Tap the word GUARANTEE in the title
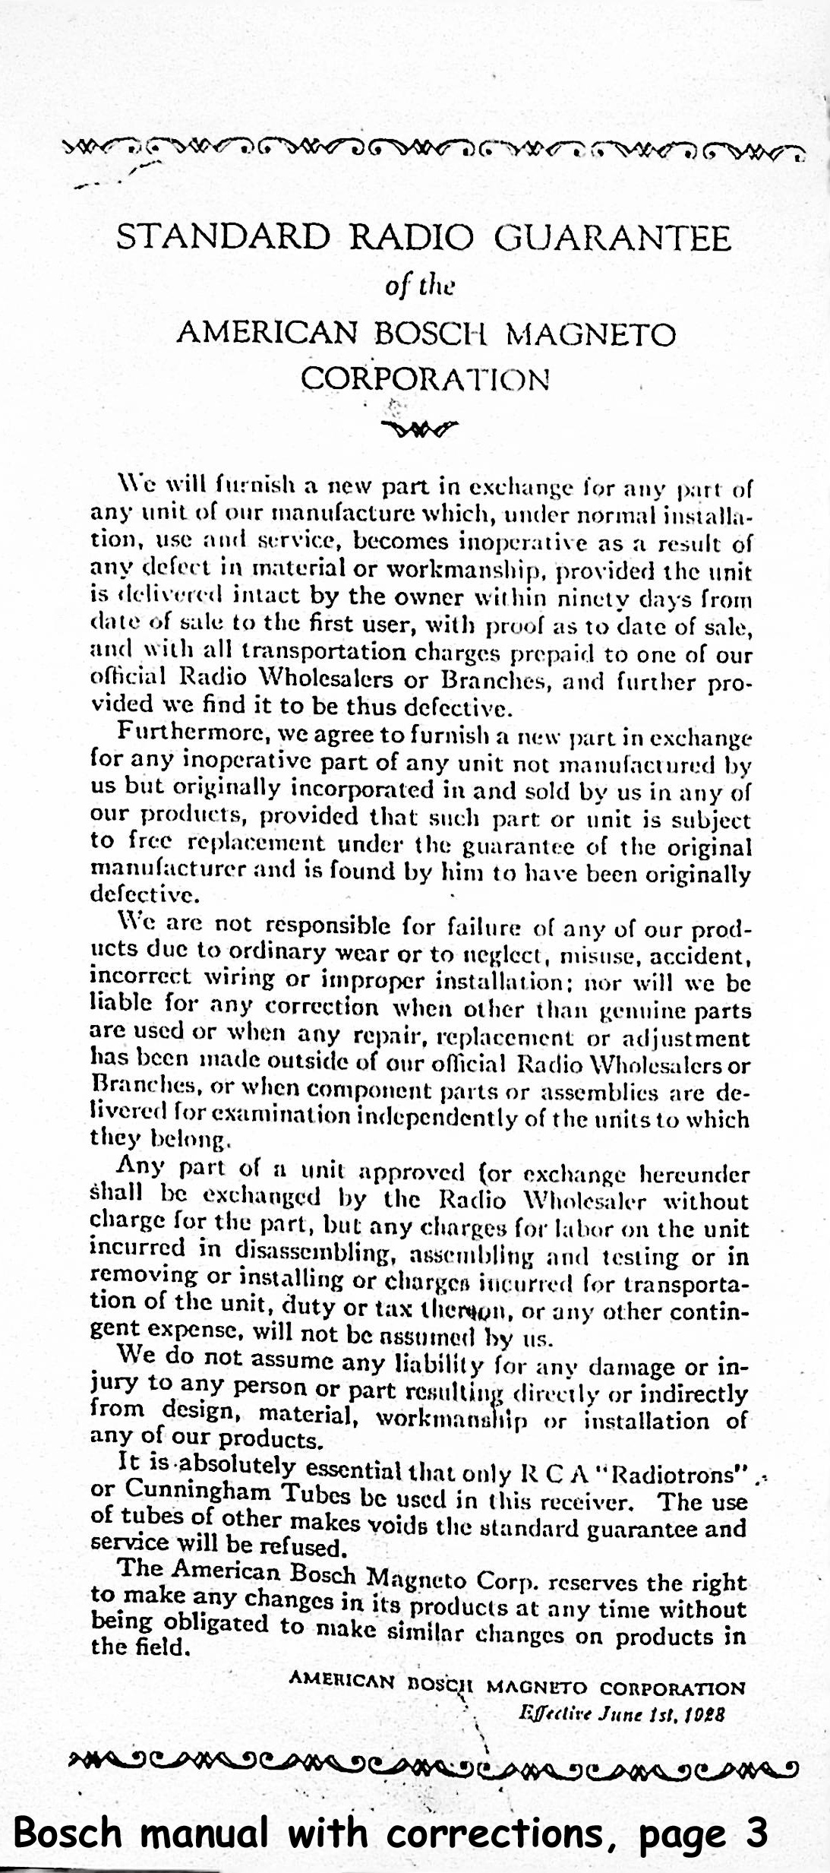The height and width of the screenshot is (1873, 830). [613, 239]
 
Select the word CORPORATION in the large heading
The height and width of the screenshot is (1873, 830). [425, 378]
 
